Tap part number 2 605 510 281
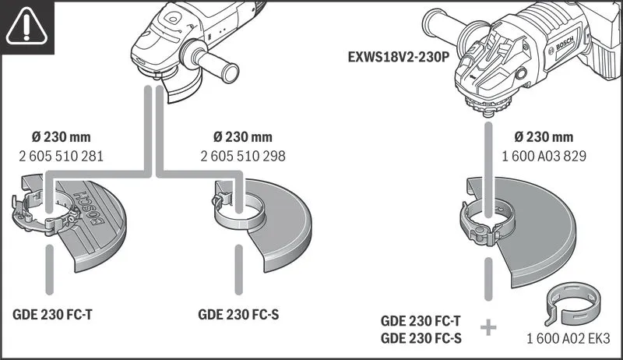pyautogui.click(x=61, y=156)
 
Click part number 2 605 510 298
pyautogui.click(x=242, y=156)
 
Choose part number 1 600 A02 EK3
pyautogui.click(x=568, y=339)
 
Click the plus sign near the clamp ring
pyautogui.click(x=488, y=327)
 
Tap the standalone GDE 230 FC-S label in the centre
pyautogui.click(x=238, y=316)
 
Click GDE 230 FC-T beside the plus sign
pyautogui.click(x=420, y=320)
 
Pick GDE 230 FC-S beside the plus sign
pyautogui.click(x=420, y=337)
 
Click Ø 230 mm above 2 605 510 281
pyautogui.click(x=61, y=138)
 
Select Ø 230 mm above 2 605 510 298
pyautogui.click(x=242, y=138)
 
